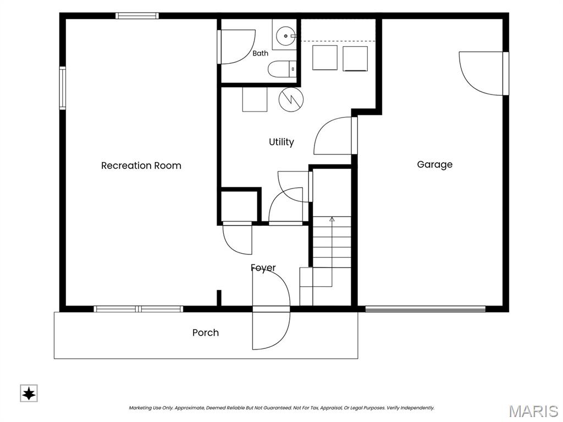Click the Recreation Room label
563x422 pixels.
tap(141, 165)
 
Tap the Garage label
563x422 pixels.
tap(434, 165)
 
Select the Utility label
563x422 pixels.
tap(281, 142)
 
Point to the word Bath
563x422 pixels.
tap(260, 53)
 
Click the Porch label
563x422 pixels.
tap(206, 332)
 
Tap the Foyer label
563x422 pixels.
tap(263, 268)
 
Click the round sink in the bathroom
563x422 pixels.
tap(286, 36)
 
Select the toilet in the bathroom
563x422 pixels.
tap(282, 69)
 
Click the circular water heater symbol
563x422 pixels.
tap(291, 99)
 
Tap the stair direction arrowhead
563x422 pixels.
tap(332, 219)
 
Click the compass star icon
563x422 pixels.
tap(29, 393)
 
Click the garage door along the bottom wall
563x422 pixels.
tap(425, 309)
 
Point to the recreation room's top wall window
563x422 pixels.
tap(137, 16)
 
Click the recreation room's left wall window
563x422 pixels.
tap(63, 88)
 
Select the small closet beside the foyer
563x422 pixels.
tap(239, 207)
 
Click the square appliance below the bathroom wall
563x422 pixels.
tap(255, 99)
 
